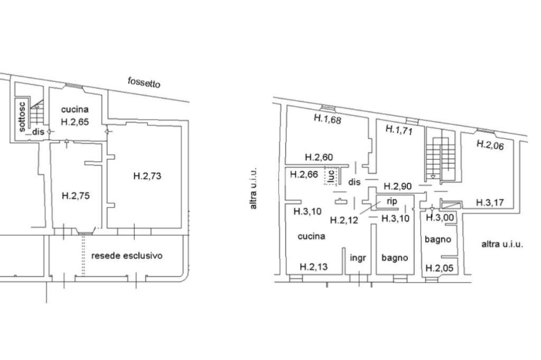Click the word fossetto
coord(144,82)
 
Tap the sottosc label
coord(21,117)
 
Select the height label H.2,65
coord(75,122)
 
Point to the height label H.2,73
coord(147,176)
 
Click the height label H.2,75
coord(76,196)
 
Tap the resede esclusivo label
coord(127,256)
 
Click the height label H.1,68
coord(328,119)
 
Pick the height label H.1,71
coord(399,130)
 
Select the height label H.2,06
coord(490,145)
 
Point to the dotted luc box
coord(331,176)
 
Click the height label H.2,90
coord(398,187)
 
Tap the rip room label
coord(391,201)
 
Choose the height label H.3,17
coord(490,202)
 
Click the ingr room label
coord(358,258)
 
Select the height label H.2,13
coord(314,267)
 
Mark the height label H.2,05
coord(440,268)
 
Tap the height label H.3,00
coord(440,217)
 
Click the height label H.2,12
coord(344,219)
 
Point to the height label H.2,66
coord(304,174)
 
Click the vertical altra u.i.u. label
coord(254,188)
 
